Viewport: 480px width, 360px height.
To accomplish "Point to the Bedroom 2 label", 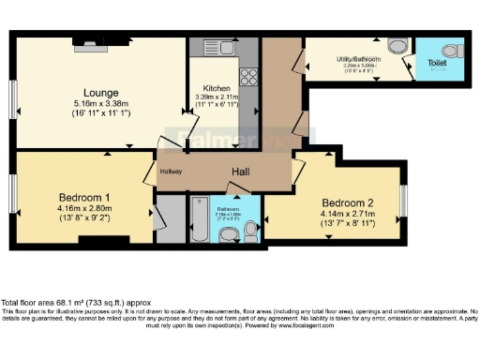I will pos(349,203).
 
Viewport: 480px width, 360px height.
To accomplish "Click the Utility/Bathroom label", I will pos(355,58).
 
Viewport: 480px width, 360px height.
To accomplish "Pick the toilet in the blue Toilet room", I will pos(450,50).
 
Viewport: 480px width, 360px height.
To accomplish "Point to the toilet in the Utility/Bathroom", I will pos(393,45).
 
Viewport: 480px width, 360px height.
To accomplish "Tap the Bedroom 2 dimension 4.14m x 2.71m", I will pos(349,215).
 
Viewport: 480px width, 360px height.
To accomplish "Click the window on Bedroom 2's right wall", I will pos(403,200).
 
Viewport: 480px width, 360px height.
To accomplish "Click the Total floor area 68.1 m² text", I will pos(76,303).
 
